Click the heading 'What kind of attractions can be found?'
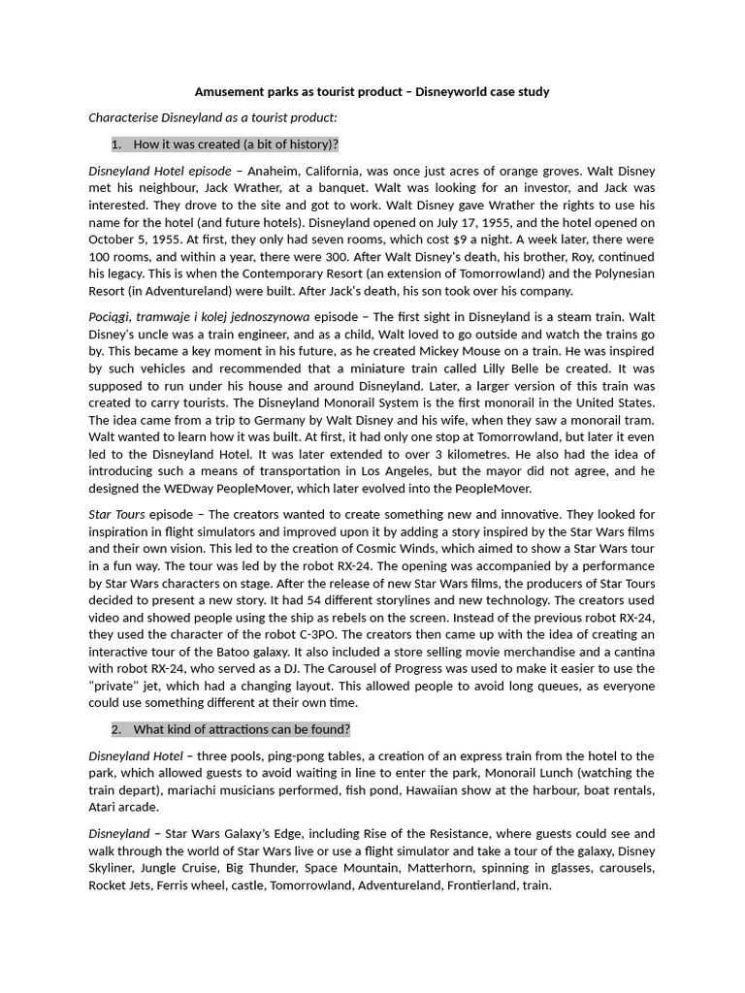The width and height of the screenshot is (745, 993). pyautogui.click(x=242, y=729)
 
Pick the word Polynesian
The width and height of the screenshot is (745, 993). pyautogui.click(x=617, y=273)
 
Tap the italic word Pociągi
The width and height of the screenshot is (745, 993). pyautogui.click(x=112, y=316)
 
